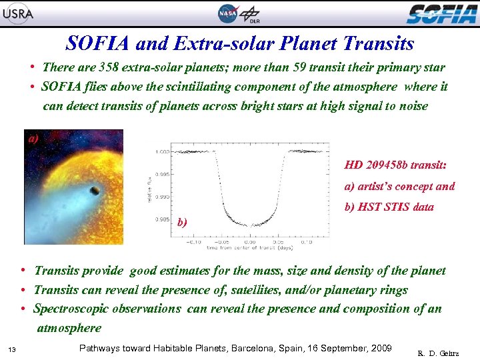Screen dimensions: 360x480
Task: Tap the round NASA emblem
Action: click(227, 13)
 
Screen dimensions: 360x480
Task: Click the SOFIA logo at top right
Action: click(441, 13)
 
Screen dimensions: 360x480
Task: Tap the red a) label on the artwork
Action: click(33, 139)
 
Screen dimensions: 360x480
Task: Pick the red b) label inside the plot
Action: click(183, 223)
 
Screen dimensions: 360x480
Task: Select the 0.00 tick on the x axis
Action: click(249, 242)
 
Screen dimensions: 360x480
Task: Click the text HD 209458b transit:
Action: click(395, 165)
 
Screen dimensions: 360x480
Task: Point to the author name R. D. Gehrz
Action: click(438, 352)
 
